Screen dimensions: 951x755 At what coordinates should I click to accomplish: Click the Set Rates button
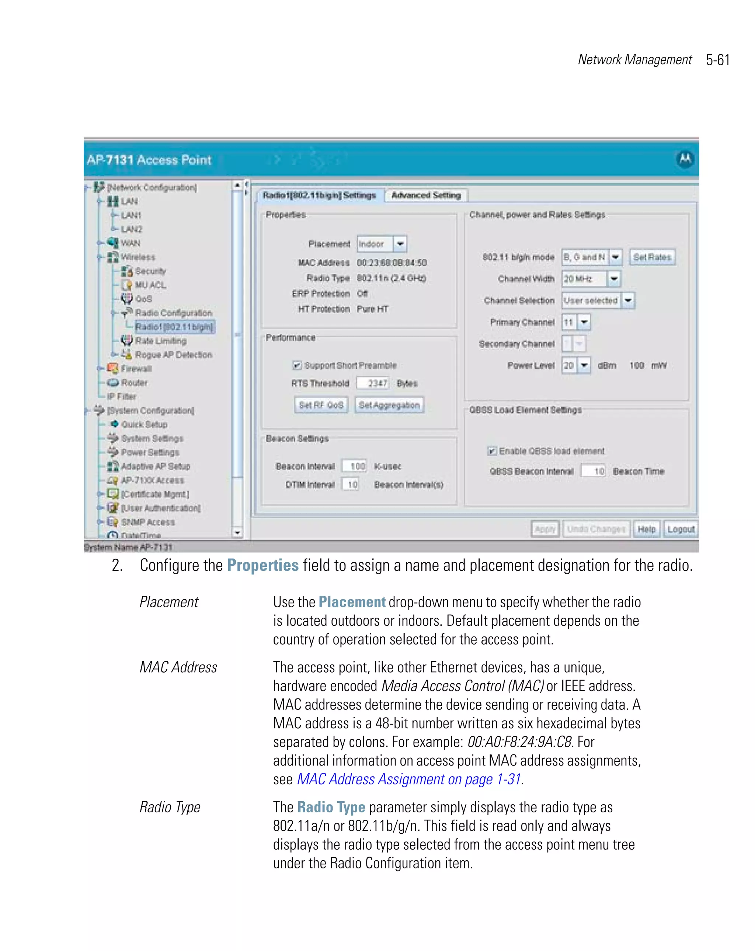tap(651, 257)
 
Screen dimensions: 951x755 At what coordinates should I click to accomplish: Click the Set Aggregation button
tap(389, 405)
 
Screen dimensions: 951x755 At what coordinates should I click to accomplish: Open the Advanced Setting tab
tap(425, 195)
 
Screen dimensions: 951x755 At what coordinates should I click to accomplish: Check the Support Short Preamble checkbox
tap(297, 365)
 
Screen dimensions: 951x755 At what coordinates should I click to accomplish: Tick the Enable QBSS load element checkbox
tap(492, 451)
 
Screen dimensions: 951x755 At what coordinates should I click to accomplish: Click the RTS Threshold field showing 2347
tap(373, 383)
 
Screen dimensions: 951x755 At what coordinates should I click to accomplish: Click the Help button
tap(646, 529)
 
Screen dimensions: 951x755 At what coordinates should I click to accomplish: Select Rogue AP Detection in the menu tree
tap(173, 355)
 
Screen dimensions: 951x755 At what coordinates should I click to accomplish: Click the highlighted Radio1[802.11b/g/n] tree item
tap(174, 327)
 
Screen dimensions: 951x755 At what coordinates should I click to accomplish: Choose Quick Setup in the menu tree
tap(144, 424)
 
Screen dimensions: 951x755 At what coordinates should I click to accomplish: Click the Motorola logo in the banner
tap(685, 159)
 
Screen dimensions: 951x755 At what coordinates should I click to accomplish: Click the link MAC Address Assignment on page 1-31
tap(409, 779)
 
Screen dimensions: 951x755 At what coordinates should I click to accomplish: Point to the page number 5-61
tap(717, 60)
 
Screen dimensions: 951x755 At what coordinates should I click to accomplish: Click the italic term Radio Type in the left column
tap(170, 807)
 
